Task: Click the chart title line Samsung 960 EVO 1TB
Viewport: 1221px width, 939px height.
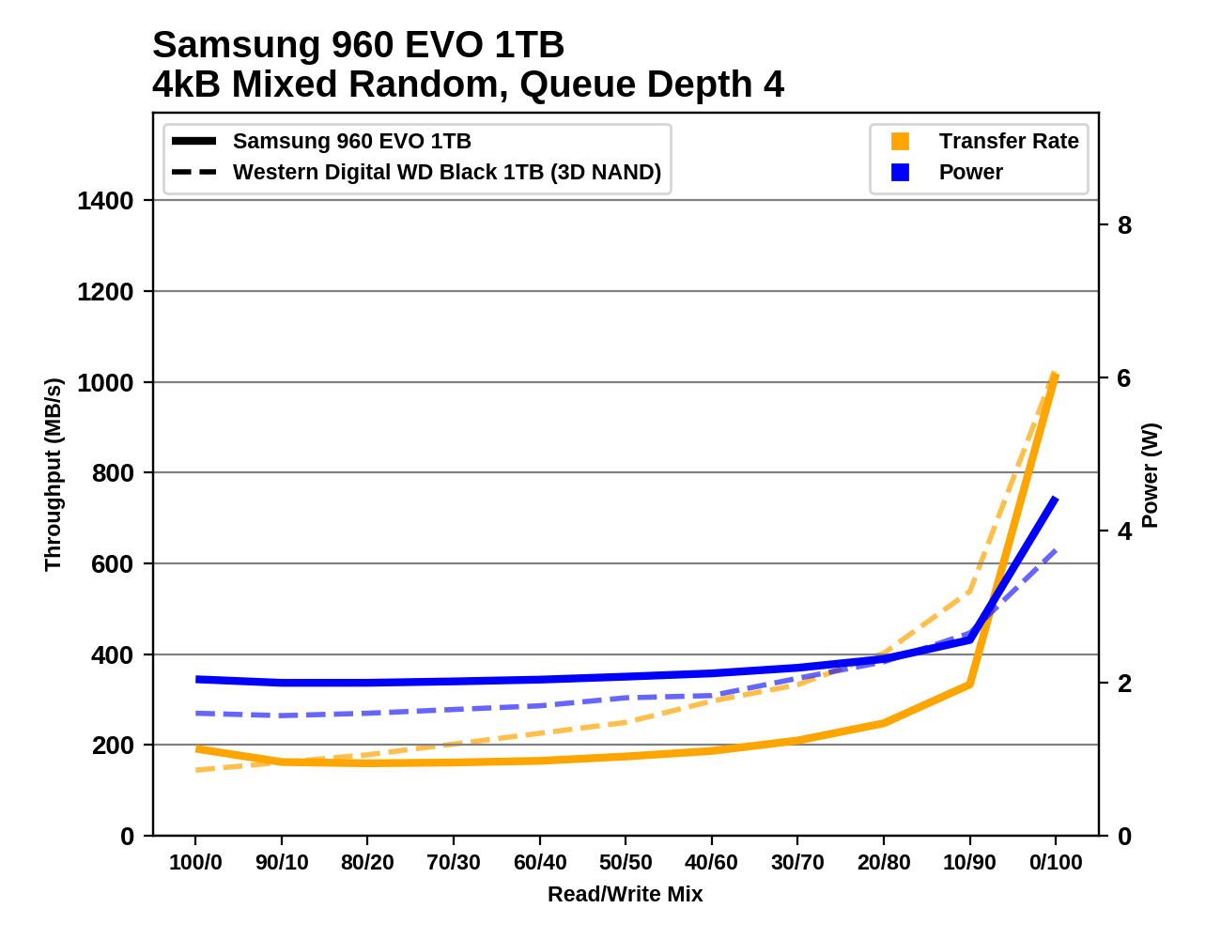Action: pos(358,45)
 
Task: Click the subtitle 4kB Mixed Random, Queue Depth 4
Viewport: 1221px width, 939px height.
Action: pos(468,85)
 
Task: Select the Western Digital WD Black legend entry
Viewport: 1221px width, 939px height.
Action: pos(446,173)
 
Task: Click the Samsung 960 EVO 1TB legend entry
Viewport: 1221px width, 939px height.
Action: pos(351,142)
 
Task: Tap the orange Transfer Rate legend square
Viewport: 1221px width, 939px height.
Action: pos(900,142)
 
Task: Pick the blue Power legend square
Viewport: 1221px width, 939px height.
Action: pos(900,173)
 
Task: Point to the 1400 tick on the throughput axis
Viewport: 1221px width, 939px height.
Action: pos(106,201)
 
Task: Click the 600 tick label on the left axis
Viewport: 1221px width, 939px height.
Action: pos(112,564)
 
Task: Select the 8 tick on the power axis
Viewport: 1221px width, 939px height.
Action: pos(1124,225)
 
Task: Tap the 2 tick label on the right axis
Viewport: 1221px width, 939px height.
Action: pos(1124,684)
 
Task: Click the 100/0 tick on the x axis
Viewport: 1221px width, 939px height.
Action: pos(195,863)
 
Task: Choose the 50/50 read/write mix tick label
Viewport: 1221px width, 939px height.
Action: pos(626,863)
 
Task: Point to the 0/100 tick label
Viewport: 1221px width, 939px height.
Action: pos(1056,863)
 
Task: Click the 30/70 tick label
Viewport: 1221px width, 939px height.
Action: pos(797,863)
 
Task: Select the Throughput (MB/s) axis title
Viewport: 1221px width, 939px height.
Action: pos(53,474)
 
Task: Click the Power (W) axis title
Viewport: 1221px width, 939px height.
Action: pos(1151,475)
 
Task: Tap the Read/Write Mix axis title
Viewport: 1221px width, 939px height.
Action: pos(626,895)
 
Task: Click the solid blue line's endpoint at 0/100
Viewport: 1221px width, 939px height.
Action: pos(1056,500)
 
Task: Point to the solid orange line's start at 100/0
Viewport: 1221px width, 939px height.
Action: pos(196,748)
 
